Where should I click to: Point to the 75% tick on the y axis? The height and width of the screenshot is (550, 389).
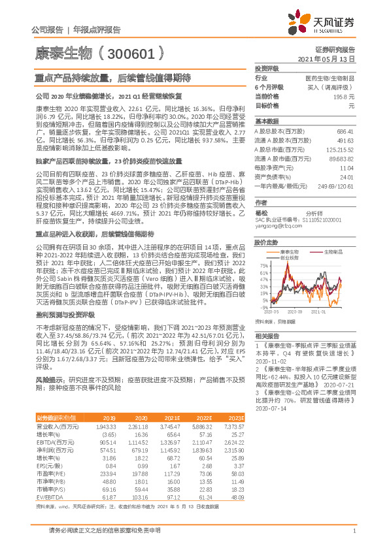click(x=263, y=265)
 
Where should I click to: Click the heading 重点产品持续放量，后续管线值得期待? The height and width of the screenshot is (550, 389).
click(x=112, y=77)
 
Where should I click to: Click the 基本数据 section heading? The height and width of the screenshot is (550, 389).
click(x=265, y=121)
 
